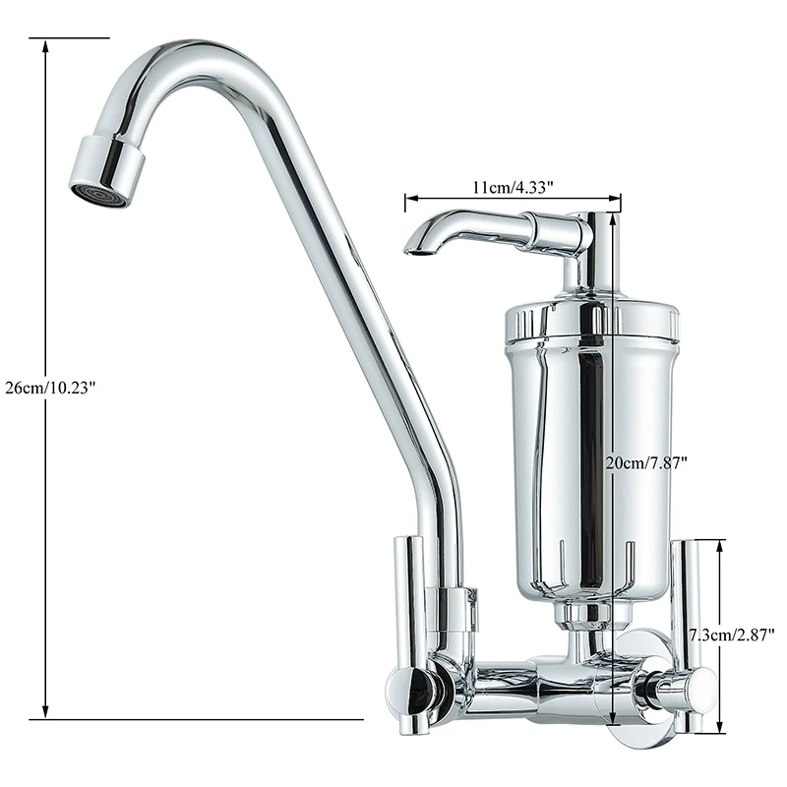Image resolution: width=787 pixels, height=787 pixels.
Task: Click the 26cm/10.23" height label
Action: [50, 388]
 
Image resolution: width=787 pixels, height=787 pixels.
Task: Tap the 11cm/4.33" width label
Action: [513, 187]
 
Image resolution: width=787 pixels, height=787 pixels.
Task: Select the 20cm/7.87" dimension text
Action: [645, 462]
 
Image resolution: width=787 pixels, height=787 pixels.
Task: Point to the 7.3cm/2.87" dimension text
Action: [730, 636]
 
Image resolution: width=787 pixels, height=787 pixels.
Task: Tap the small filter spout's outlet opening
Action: [416, 251]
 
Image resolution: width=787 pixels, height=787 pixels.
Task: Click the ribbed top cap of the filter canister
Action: [591, 322]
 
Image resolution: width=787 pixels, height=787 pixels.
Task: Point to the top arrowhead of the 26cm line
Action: [45, 47]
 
